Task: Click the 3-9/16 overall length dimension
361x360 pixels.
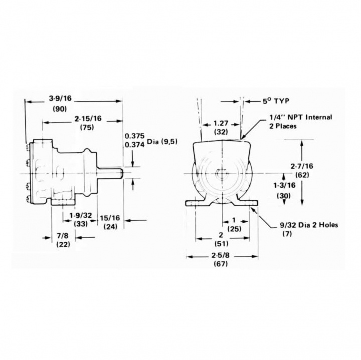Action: pos(61,98)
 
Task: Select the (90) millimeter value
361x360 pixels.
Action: pos(61,109)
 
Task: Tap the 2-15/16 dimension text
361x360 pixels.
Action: pos(88,118)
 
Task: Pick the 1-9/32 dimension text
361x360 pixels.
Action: pos(81,215)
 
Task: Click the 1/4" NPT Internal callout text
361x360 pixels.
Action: pos(300,118)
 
